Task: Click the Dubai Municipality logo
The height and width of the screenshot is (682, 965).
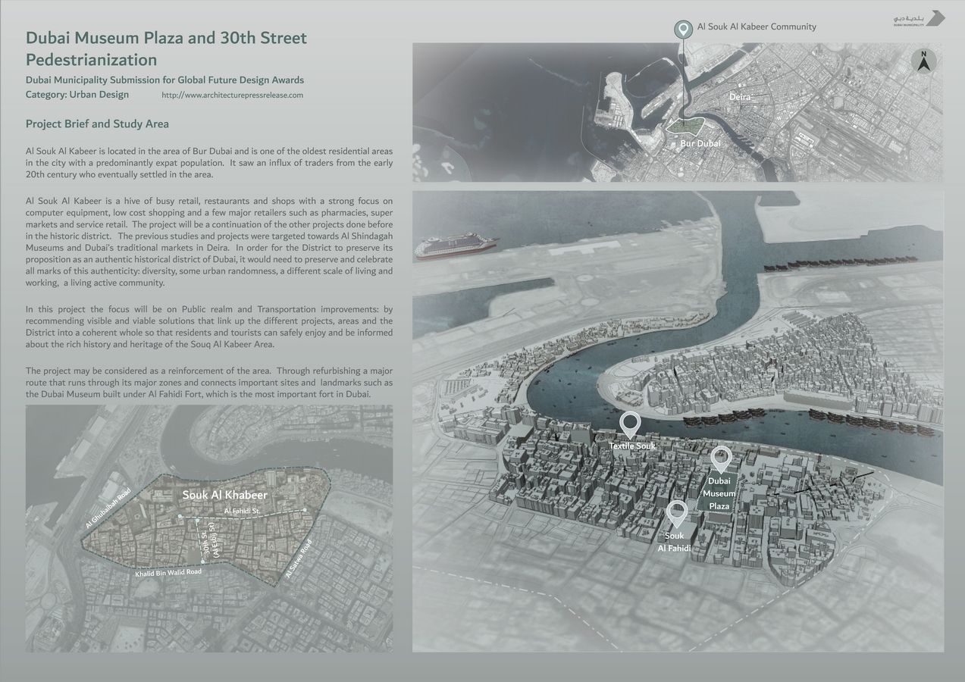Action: [919, 18]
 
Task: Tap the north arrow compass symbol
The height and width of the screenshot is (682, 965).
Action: [923, 61]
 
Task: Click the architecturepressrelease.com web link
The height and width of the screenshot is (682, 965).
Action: [232, 95]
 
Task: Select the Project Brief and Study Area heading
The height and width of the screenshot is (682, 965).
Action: [97, 124]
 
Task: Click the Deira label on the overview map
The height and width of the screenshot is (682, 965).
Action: [740, 97]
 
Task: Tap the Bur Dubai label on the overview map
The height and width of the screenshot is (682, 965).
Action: [700, 143]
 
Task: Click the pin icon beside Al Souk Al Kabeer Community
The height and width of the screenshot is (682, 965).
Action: [684, 29]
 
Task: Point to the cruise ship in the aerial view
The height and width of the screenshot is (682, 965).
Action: [456, 246]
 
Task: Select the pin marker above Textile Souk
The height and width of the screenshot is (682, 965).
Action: [630, 424]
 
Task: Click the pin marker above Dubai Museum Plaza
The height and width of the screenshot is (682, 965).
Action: [721, 458]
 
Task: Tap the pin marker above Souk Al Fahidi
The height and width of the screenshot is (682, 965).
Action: [677, 513]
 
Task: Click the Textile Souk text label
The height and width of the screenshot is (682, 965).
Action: [632, 446]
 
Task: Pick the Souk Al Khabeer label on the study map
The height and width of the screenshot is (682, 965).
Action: [224, 495]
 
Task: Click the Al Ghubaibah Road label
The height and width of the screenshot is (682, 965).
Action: [108, 508]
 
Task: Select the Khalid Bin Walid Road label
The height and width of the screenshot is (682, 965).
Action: [168, 573]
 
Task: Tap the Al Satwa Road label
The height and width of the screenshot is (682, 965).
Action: [299, 559]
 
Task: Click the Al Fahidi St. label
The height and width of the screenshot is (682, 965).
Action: [242, 511]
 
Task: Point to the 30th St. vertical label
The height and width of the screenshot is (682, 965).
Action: [205, 540]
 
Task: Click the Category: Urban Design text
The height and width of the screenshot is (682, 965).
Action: [77, 95]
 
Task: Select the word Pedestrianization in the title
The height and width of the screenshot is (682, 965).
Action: [91, 60]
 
